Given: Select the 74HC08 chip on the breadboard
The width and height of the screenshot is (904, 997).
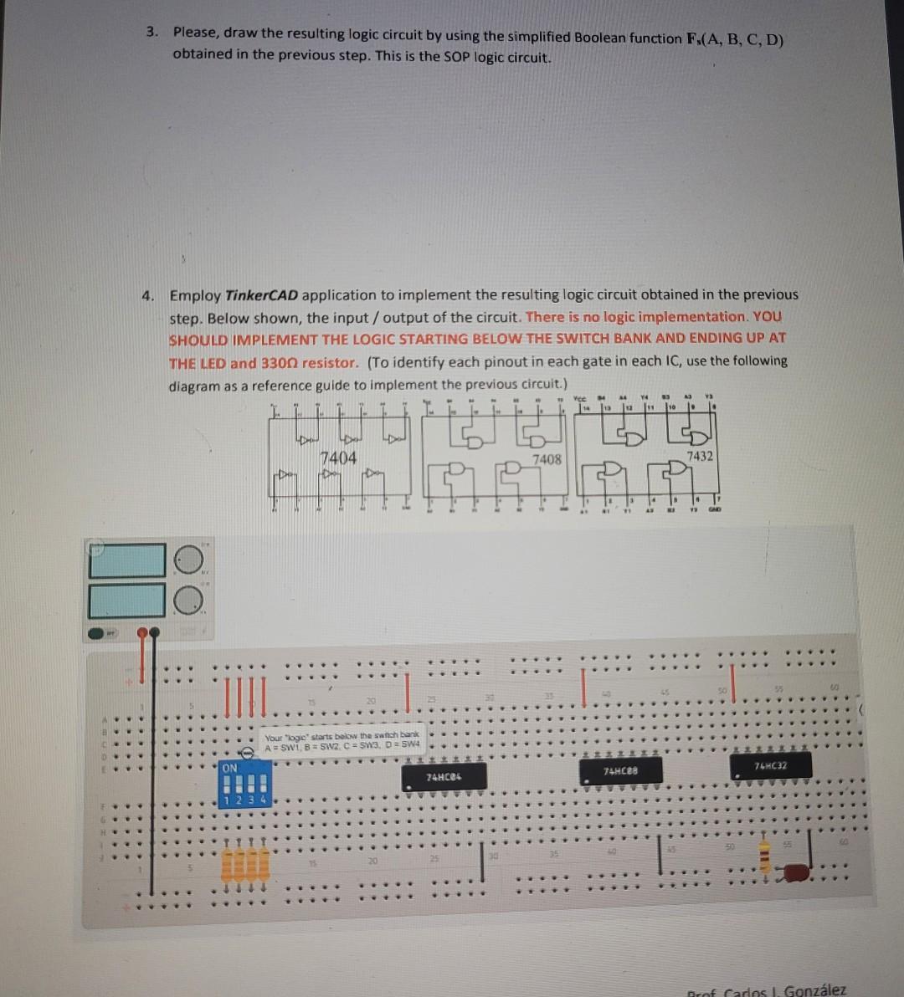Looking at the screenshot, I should (619, 769).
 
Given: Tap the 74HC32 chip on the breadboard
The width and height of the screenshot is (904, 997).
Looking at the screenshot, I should (769, 765).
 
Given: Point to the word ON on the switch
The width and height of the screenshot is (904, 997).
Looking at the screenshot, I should (229, 768).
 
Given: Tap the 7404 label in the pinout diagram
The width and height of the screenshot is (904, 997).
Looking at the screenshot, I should (338, 458).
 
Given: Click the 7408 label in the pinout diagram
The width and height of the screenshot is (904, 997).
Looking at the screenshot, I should (547, 459).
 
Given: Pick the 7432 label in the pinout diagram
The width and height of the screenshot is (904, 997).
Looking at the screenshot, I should (699, 456).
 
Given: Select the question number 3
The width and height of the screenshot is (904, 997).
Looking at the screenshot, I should (151, 33).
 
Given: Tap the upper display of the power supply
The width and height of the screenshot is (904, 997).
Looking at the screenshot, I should (127, 561).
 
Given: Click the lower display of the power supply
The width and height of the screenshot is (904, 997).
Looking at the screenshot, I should (127, 601).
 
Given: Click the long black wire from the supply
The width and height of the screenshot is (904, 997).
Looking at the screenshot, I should (152, 778).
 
